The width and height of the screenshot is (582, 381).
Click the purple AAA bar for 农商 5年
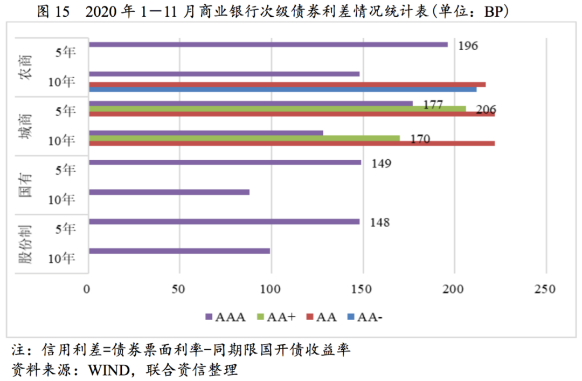click(268, 44)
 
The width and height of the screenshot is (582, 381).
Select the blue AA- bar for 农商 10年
click(282, 89)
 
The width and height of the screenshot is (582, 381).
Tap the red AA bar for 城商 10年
click(291, 143)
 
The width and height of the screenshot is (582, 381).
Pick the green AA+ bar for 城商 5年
click(277, 108)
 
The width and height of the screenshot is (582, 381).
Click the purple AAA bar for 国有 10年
click(168, 192)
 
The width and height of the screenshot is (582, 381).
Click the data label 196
click(468, 45)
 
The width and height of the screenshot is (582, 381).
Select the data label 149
click(380, 163)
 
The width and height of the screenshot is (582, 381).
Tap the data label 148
click(379, 222)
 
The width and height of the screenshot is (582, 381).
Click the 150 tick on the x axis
click(363, 290)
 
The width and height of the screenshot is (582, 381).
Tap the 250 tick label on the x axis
click(546, 290)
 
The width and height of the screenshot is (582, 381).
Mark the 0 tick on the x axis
click(87, 290)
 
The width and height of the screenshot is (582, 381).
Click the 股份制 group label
click(24, 244)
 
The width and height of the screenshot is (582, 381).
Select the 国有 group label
click(24, 185)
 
